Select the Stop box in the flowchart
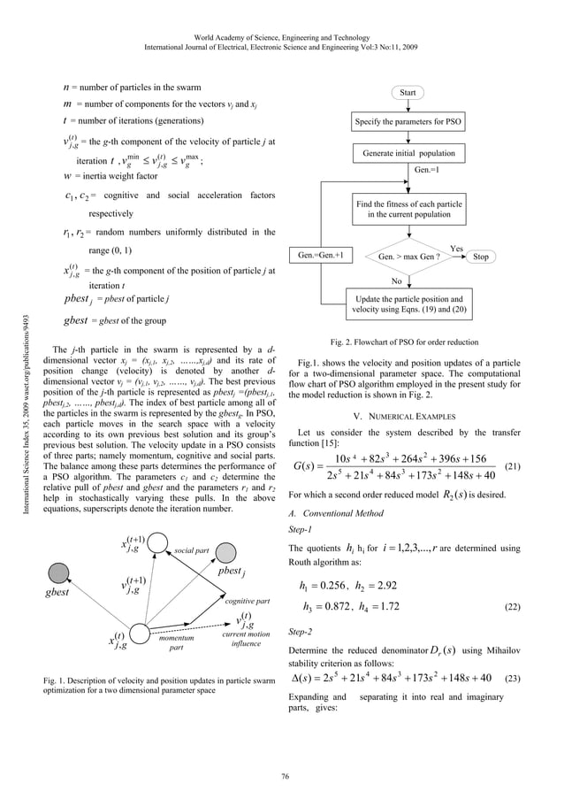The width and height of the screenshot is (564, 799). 481,257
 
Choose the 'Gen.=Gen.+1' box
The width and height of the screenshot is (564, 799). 320,257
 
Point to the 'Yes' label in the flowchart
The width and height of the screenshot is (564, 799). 456,249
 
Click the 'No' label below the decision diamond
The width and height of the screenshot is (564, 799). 397,281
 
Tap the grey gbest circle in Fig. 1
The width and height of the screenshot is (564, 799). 58,569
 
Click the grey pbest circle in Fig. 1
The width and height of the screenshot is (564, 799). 228,551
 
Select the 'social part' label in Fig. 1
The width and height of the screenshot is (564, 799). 190,550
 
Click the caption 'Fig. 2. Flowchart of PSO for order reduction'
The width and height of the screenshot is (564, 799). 404,342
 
